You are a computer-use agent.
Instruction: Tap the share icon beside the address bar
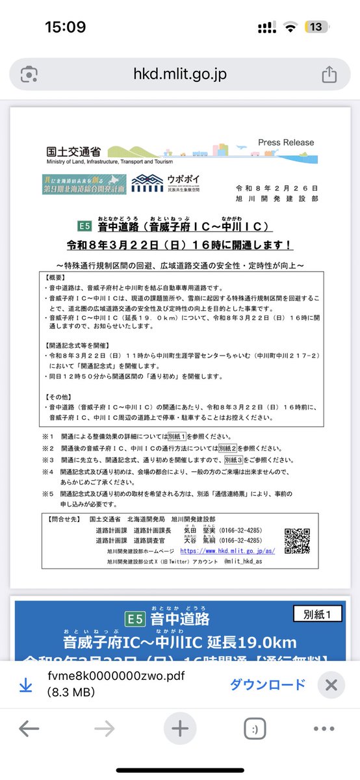(329, 74)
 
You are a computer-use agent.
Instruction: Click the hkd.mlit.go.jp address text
(179, 74)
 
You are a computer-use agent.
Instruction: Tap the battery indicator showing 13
(316, 27)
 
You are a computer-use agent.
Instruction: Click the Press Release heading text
(285, 142)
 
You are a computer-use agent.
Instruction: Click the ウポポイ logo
(161, 181)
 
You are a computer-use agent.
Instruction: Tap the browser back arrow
(29, 729)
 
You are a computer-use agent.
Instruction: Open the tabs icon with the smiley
(254, 729)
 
